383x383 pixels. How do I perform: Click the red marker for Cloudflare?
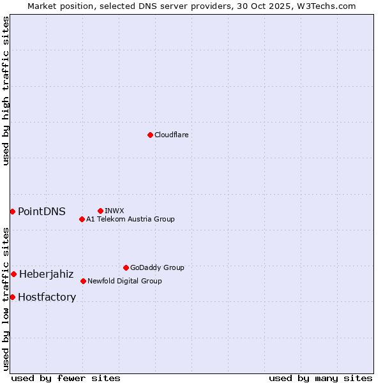(x=150, y=135)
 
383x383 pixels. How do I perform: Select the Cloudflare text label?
(x=172, y=135)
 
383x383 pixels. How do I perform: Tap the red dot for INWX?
(x=100, y=211)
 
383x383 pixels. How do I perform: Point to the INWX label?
(x=114, y=211)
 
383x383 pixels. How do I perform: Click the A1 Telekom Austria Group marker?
(x=82, y=219)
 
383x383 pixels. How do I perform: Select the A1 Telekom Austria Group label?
(x=130, y=219)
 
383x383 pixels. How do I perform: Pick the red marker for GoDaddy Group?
(x=126, y=267)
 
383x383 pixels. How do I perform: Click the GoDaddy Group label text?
(x=157, y=267)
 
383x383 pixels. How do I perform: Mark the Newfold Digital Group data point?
(x=83, y=281)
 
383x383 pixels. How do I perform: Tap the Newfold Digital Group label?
(x=124, y=281)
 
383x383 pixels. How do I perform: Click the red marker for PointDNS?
(x=12, y=211)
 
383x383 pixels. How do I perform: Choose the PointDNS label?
(x=41, y=211)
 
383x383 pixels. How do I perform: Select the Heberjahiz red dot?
(x=13, y=274)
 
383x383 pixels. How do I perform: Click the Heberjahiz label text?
(x=46, y=274)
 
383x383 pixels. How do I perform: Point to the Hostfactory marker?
(x=12, y=297)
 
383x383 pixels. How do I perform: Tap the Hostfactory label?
(x=47, y=297)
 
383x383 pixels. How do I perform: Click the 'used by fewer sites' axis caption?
(x=66, y=378)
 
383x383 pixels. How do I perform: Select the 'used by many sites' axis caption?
(x=320, y=378)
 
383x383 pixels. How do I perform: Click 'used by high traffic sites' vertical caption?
(x=6, y=91)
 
